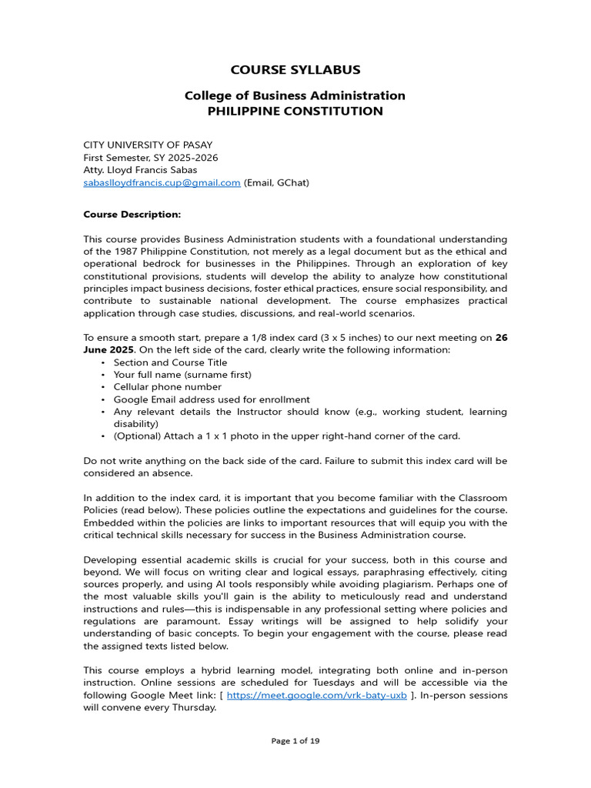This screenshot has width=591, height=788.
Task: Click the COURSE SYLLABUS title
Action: [295, 70]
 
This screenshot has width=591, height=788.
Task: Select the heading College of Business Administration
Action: [295, 95]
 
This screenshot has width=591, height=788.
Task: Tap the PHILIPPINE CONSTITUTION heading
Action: [295, 111]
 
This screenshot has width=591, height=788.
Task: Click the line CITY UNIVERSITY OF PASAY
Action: [148, 145]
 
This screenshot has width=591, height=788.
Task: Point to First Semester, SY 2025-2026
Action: [150, 158]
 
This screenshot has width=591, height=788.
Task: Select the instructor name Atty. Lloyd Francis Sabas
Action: [140, 170]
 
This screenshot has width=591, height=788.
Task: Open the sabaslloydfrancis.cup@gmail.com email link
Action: [162, 182]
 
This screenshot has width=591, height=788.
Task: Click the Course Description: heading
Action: [132, 214]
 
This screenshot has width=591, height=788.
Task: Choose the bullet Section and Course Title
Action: [170, 362]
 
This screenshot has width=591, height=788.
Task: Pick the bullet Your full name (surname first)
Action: [182, 375]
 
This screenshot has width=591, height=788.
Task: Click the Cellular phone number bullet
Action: [167, 387]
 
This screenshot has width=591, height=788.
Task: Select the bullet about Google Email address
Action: [212, 399]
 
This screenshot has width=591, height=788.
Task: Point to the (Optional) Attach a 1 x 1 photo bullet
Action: [286, 436]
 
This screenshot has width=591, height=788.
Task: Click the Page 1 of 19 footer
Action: [295, 741]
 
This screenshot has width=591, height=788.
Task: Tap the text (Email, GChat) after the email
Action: [276, 182]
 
